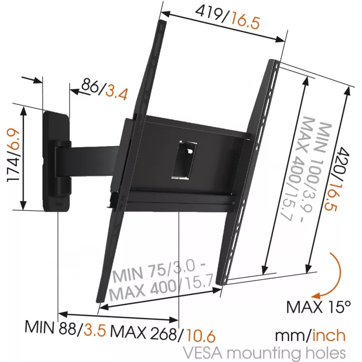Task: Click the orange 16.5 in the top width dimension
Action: click(x=245, y=20)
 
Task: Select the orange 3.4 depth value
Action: click(x=117, y=93)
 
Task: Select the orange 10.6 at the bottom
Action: click(x=201, y=335)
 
